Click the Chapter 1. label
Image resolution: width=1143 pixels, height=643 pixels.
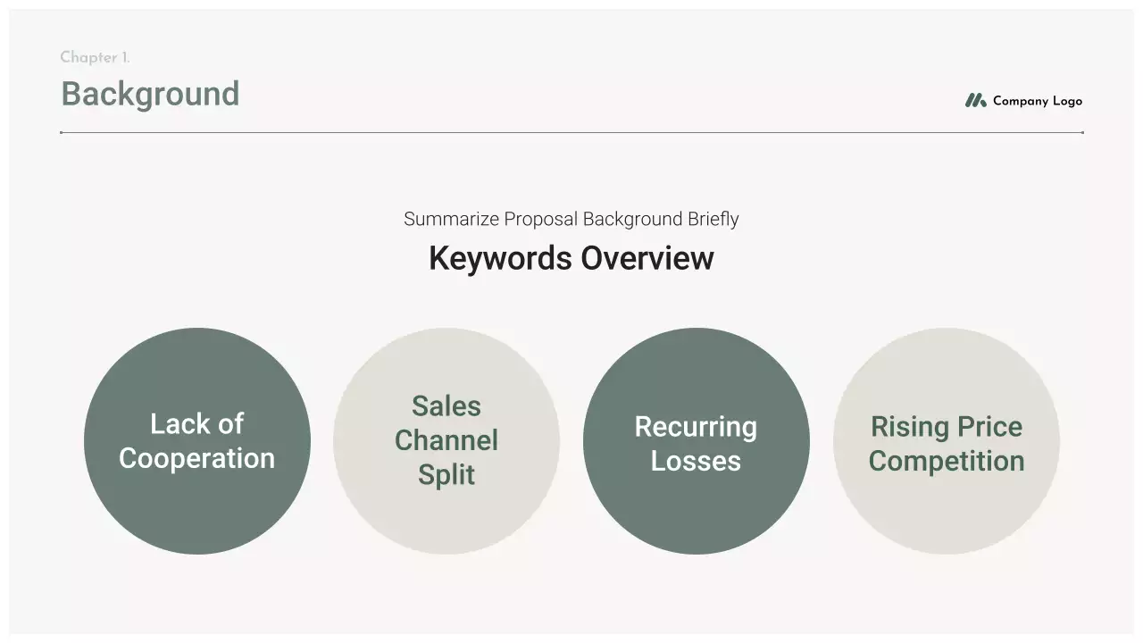pos(95,58)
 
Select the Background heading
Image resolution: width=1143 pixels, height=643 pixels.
pos(150,94)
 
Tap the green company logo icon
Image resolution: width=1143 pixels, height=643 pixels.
pos(975,101)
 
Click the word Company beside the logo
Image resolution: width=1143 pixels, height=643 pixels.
pos(1020,102)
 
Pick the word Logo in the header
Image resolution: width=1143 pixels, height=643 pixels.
pos(1067,102)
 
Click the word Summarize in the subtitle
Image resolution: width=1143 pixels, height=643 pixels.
pos(451,220)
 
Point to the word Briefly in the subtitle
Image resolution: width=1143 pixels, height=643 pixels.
pos(713,220)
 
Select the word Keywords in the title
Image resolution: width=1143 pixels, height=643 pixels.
pos(501,259)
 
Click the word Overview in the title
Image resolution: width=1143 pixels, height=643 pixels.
pos(647,259)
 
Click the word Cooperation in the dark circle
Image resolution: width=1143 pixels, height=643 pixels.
pos(196,458)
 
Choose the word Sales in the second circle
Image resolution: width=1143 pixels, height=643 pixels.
pos(446,406)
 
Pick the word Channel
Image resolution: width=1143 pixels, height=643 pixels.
pos(446,440)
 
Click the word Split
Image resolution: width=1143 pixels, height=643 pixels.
pos(446,475)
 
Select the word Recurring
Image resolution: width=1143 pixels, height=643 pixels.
pos(696,427)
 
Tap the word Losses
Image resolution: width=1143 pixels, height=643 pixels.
pos(696,462)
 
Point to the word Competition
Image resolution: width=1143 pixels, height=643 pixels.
pos(946,462)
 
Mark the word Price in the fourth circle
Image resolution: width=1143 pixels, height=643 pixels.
pos(988,427)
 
